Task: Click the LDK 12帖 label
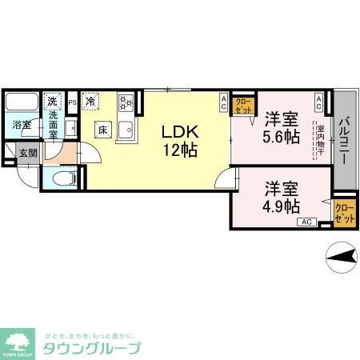(180, 139)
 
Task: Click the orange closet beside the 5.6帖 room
(243, 105)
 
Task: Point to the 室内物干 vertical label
(320, 141)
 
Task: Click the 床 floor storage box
(103, 130)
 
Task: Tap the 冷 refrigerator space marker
(91, 102)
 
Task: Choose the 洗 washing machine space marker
(52, 102)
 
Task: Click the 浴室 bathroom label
(20, 126)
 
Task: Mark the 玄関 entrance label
(27, 153)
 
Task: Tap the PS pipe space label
(72, 102)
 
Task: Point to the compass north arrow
(342, 256)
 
